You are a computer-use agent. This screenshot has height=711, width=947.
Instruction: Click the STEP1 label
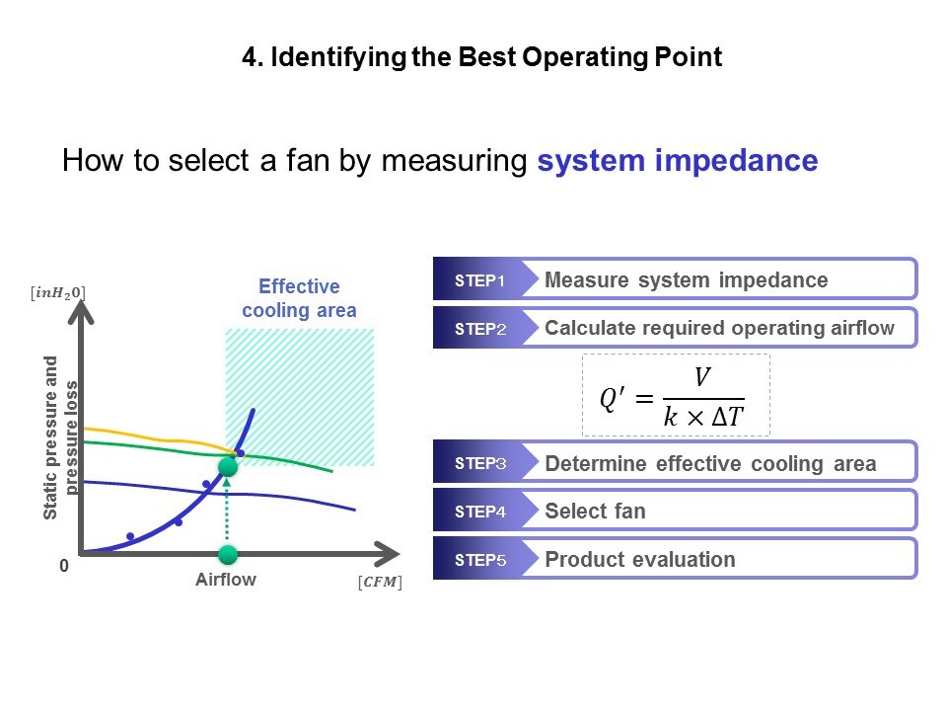479,280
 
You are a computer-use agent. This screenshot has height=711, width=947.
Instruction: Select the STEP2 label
480,329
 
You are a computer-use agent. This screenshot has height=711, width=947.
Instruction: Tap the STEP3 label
480,463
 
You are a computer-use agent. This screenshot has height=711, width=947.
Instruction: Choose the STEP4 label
480,512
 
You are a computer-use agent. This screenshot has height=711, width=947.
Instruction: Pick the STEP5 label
480,560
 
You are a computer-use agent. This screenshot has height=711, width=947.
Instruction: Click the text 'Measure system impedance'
687,279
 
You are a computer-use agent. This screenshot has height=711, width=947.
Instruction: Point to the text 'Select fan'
595,511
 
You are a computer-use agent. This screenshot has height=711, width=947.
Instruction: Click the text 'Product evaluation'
639,559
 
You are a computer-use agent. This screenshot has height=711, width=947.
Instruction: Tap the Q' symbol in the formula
613,399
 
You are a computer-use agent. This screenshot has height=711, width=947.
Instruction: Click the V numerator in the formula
701,377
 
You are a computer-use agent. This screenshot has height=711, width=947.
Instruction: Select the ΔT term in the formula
727,417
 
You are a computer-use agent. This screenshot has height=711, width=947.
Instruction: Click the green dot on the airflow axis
228,554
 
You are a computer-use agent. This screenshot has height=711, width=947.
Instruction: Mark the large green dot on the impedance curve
228,467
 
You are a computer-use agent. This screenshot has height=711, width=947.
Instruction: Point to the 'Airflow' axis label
226,580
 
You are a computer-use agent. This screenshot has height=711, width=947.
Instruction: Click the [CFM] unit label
380,582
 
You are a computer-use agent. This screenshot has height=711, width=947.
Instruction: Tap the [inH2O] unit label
58,293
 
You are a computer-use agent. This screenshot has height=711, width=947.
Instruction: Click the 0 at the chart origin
64,565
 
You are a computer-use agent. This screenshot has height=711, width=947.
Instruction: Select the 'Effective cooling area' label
299,298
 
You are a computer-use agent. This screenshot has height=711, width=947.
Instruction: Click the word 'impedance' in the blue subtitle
736,161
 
